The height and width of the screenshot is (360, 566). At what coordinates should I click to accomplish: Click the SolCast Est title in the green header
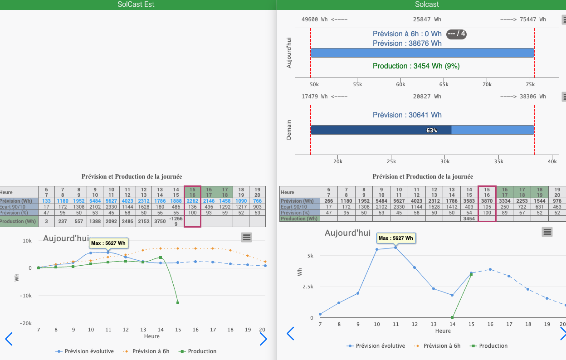tap(136, 5)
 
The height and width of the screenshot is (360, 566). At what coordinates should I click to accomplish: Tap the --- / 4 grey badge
tap(456, 34)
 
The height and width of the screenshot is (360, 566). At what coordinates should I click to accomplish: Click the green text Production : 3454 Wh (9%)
tap(416, 66)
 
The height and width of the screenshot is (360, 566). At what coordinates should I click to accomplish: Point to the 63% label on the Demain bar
tap(431, 130)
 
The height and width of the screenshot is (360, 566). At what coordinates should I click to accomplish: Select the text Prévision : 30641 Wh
tap(407, 115)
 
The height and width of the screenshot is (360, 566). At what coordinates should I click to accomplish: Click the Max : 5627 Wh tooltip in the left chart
tap(108, 243)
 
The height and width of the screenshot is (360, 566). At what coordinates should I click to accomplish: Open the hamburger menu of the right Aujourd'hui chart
tap(547, 232)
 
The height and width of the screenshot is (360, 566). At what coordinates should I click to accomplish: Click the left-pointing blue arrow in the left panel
tap(9, 339)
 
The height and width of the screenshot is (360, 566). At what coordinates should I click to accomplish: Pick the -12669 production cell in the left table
tap(176, 221)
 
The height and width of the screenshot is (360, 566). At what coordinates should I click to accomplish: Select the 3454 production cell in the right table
tap(469, 219)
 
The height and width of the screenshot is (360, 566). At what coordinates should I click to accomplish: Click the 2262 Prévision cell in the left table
tap(192, 201)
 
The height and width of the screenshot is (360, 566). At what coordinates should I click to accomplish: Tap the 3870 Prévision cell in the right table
tap(487, 201)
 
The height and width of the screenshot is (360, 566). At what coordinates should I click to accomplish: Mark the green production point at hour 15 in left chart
tap(178, 303)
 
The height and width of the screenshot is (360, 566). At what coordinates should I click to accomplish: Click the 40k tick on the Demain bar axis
tap(552, 161)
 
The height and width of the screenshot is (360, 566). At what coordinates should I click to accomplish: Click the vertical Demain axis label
tap(289, 130)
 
